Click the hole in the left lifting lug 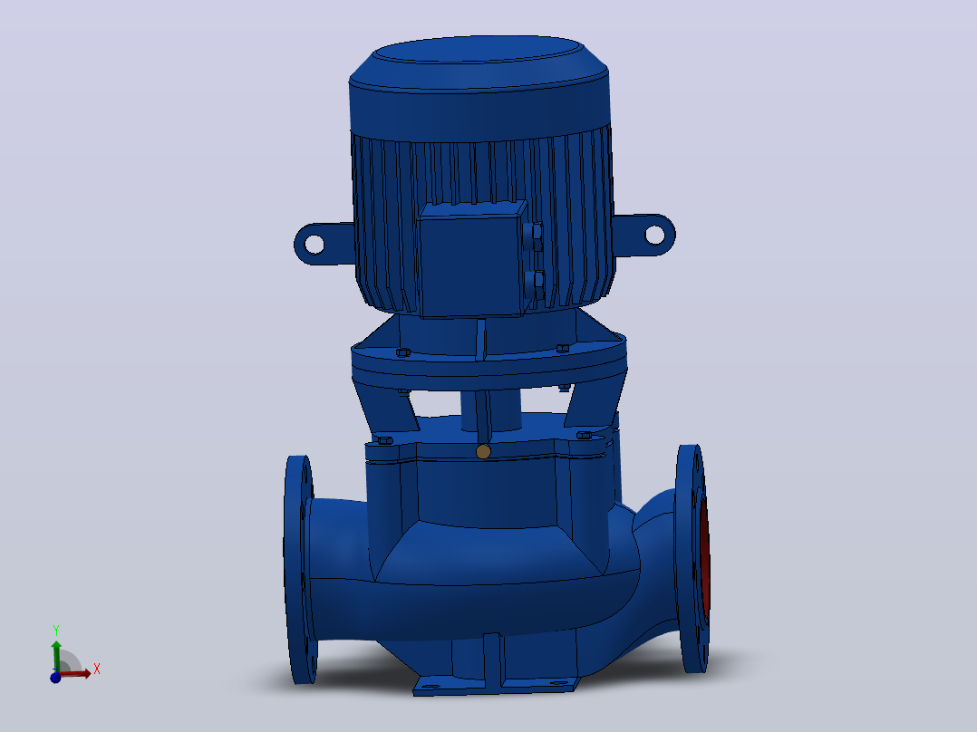pos(314,244)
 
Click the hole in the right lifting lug pos(654,235)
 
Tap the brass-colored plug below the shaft pos(483,452)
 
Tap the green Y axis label pos(56,631)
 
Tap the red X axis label pos(97,669)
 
